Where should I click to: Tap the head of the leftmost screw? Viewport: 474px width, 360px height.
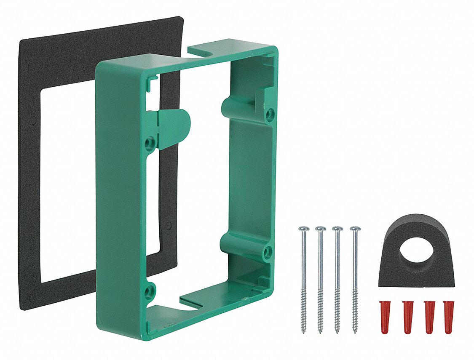pyautogui.click(x=303, y=229)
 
